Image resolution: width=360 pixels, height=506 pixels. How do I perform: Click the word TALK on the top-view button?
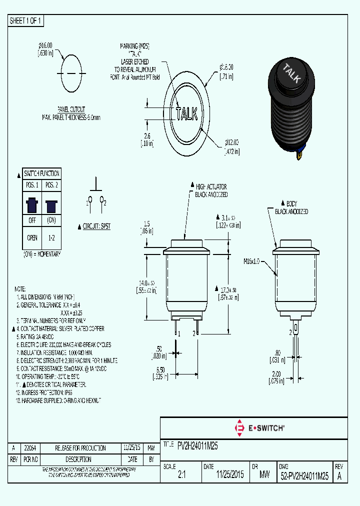coord(186,113)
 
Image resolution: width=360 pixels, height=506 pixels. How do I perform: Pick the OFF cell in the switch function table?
coord(32,220)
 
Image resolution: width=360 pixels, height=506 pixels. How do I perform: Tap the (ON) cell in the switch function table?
coord(51,220)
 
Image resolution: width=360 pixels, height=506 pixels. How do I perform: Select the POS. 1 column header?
coord(32,185)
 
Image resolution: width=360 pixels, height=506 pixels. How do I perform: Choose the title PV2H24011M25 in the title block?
coord(197,444)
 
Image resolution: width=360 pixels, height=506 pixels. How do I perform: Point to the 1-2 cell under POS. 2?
coord(51,238)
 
